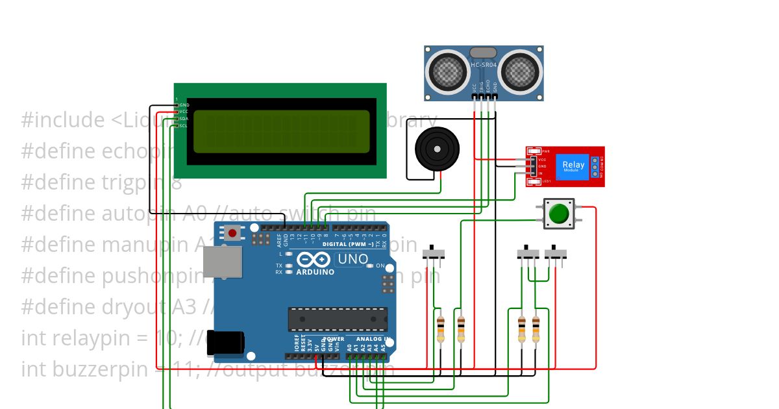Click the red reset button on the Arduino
click(x=232, y=232)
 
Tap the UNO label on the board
click(x=352, y=259)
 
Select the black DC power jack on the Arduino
click(x=225, y=343)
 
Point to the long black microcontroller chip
click(x=338, y=319)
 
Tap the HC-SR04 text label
click(x=484, y=65)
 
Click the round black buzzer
click(x=436, y=149)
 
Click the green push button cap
click(x=559, y=214)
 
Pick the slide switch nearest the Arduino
click(x=434, y=254)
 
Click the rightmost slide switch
click(x=555, y=254)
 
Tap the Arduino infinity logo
click(x=314, y=260)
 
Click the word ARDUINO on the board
click(x=315, y=272)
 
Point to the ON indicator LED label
click(x=380, y=266)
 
